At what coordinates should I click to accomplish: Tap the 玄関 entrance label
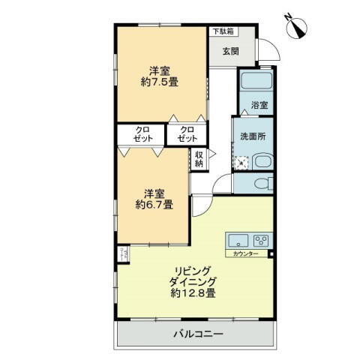(x=229, y=51)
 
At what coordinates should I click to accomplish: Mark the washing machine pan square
(x=241, y=161)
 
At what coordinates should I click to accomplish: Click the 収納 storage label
(x=199, y=158)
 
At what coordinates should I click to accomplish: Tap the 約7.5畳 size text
(x=159, y=82)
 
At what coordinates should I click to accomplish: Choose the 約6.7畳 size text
(x=154, y=203)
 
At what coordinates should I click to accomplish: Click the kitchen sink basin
(x=238, y=241)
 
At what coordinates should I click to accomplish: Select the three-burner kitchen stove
(x=260, y=241)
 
